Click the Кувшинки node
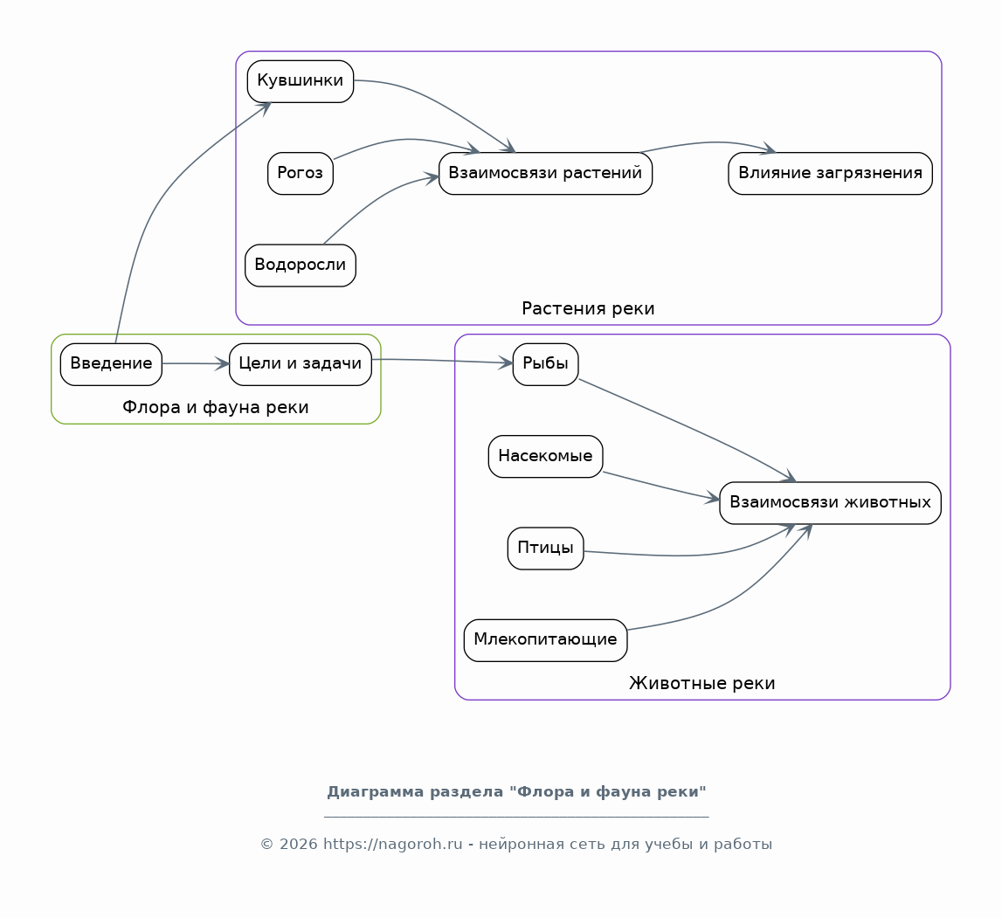click(x=301, y=81)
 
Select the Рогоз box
click(x=301, y=173)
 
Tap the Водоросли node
click(x=301, y=266)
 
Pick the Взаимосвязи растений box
click(x=545, y=173)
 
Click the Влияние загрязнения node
click(x=830, y=173)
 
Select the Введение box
click(x=111, y=364)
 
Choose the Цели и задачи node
click(x=301, y=364)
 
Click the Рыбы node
click(x=545, y=364)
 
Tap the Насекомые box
click(x=545, y=456)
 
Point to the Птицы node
click(x=545, y=549)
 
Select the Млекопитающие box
click(x=545, y=640)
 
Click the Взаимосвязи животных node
click(x=830, y=503)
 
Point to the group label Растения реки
click(x=588, y=308)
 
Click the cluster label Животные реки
click(x=701, y=683)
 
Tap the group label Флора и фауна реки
click(x=216, y=407)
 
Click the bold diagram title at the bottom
click(x=516, y=791)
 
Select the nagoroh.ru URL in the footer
click(x=392, y=844)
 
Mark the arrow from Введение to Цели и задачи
click(x=196, y=364)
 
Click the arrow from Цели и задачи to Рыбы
click(x=442, y=361)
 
